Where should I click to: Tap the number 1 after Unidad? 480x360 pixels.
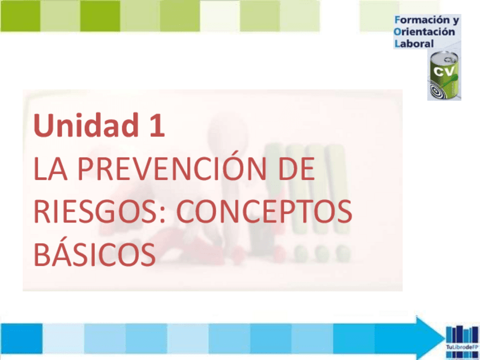156,126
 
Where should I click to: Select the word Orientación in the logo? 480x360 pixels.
424,32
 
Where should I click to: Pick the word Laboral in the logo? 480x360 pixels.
414,43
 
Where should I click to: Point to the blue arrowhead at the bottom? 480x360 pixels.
427,337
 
